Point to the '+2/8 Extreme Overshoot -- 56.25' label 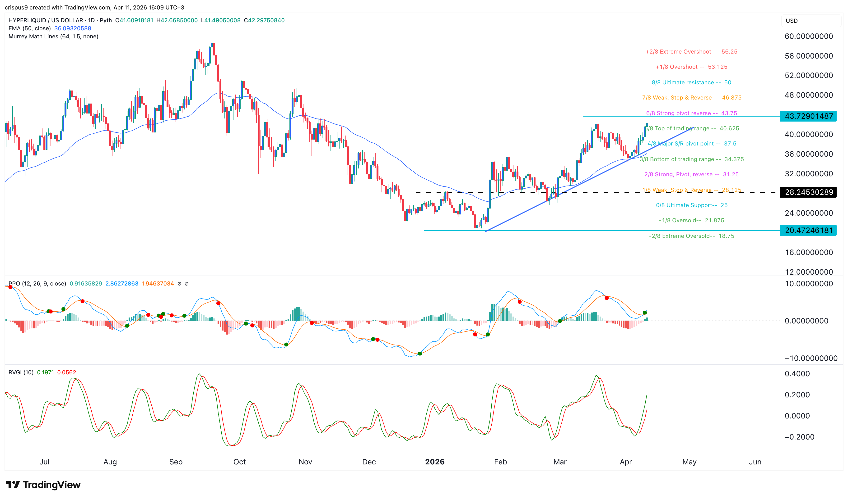pos(691,51)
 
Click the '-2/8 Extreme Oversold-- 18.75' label pos(691,236)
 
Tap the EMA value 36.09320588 pos(73,28)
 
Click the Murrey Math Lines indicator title pos(53,36)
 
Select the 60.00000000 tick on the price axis pos(809,36)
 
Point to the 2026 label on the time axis pos(435,462)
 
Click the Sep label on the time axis pos(176,462)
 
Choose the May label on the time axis pos(689,462)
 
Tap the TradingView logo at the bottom pos(43,485)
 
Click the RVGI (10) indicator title pos(21,372)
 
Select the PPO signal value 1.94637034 pos(158,283)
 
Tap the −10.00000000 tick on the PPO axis pos(811,358)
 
